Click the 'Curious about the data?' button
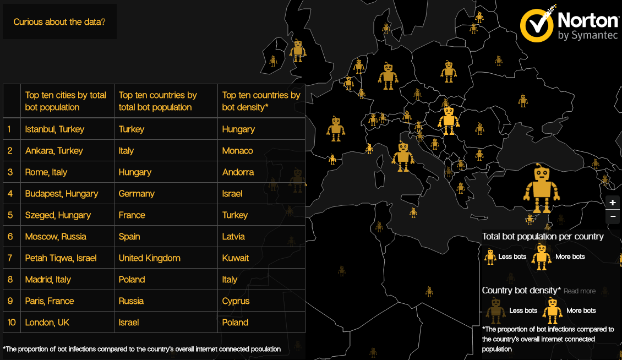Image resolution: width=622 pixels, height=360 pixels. pos(59,22)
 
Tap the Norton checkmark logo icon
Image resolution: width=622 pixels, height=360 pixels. pos(537,25)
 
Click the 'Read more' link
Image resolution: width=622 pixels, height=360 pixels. pos(579,291)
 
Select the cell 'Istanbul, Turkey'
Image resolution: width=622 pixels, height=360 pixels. pos(55,129)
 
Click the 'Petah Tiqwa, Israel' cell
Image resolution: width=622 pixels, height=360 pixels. pos(61,258)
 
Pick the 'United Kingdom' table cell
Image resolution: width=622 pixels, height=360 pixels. pos(150,258)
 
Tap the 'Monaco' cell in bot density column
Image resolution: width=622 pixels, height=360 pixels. pos(238,151)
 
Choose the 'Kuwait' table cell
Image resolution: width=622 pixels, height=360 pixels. pos(236,258)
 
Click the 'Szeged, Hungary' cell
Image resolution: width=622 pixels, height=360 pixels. pos(58,215)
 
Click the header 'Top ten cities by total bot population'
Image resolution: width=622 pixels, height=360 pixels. pos(66,101)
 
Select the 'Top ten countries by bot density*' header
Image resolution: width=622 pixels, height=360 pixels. pos(261,101)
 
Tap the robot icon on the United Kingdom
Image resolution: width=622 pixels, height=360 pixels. pos(298,51)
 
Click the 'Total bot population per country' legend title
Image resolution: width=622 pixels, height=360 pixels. pos(543,237)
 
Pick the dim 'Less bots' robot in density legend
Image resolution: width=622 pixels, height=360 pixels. pos(495,310)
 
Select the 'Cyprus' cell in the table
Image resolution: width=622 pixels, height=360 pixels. pos(236,301)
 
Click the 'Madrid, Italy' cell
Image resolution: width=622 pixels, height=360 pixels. pos(48,280)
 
